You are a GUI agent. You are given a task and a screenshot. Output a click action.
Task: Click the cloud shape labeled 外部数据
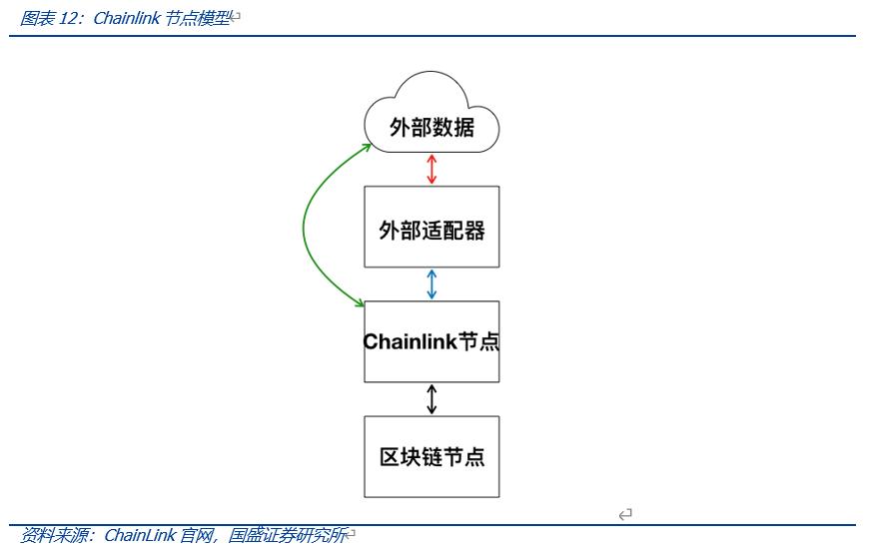pos(432,127)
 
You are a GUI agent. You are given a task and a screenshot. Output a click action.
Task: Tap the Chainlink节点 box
pos(432,341)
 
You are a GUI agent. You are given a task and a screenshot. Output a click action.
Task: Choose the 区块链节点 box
pos(432,456)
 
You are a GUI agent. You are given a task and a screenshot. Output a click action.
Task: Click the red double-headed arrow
pos(432,169)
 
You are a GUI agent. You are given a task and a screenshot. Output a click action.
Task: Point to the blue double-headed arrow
pos(432,283)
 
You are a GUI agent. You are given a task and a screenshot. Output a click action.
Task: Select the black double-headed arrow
pos(432,398)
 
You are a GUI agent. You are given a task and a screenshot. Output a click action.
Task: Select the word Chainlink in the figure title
pos(125,19)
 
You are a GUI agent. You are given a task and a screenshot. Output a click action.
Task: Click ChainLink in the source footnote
pos(140,536)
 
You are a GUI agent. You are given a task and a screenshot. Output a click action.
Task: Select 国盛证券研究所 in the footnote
pos(287,536)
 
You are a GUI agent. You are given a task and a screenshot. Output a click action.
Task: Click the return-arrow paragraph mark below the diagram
pos(625,514)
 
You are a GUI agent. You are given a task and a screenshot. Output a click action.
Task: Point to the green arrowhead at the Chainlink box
pos(359,302)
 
